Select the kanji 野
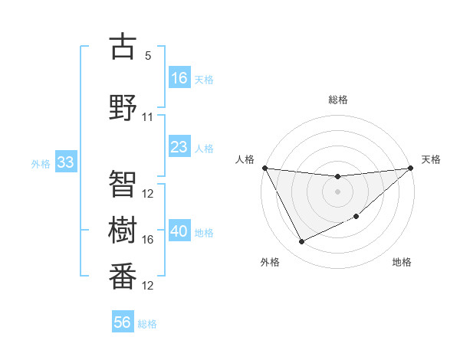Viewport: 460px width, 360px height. point(123,106)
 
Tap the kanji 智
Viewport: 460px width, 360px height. point(123,182)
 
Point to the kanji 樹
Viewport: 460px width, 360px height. point(123,228)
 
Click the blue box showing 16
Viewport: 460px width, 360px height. point(179,77)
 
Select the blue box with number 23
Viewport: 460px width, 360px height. point(179,146)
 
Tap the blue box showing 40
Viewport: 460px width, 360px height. point(179,231)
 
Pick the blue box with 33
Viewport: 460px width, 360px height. point(65,162)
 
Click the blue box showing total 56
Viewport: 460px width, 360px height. point(123,322)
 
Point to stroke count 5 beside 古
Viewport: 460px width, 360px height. point(148,56)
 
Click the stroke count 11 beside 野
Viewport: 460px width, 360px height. point(148,117)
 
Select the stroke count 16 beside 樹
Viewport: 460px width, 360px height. point(148,240)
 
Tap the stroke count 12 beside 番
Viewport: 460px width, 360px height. point(148,286)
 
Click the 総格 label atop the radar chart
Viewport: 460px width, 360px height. point(337,100)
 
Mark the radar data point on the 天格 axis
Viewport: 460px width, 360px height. point(411,168)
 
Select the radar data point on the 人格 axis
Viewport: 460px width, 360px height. point(264,168)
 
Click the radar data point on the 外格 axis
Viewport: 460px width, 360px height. point(301,242)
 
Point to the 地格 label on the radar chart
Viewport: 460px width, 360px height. point(402,262)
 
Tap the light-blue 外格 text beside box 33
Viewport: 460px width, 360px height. point(41,164)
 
